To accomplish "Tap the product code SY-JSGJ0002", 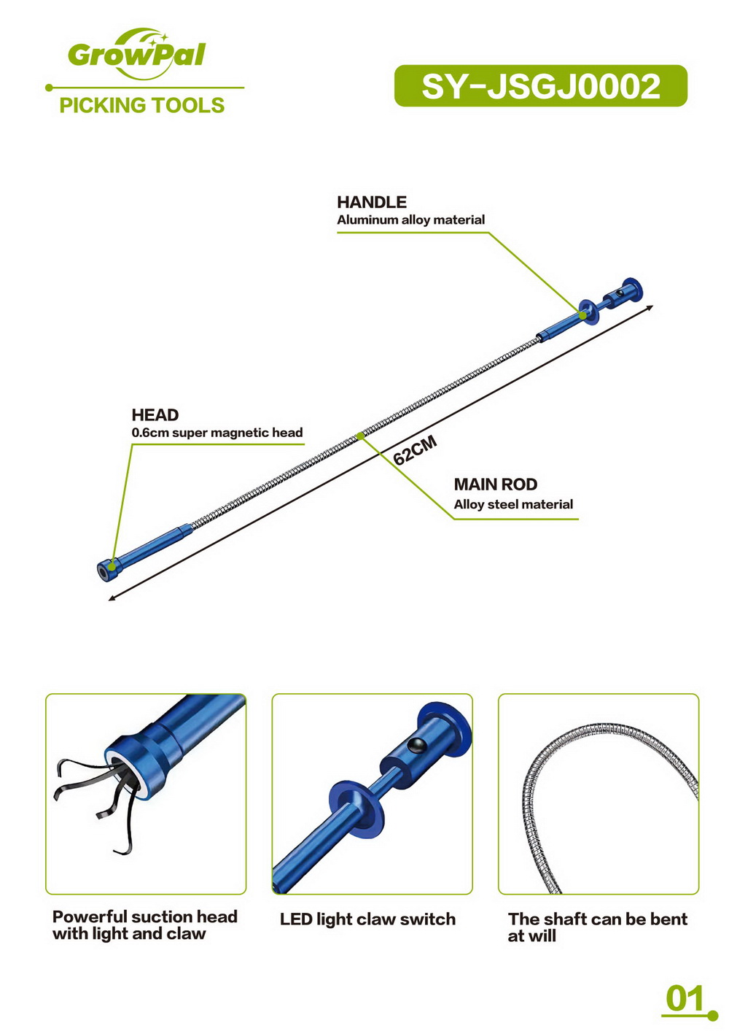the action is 541,86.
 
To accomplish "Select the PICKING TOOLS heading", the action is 142,105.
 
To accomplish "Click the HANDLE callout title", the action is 372,202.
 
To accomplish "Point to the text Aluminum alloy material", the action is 410,220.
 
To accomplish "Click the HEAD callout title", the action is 155,414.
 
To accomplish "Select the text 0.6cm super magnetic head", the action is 217,433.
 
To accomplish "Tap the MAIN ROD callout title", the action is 495,484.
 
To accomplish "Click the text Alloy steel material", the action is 513,504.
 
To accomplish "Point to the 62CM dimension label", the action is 415,451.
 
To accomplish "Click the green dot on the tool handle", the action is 582,316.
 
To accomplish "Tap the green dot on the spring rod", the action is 361,436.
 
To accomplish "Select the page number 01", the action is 685,999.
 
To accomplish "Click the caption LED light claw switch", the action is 367,919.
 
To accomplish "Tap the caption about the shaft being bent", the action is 598,927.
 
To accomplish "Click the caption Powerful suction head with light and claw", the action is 145,924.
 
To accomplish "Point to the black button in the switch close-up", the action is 418,744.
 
